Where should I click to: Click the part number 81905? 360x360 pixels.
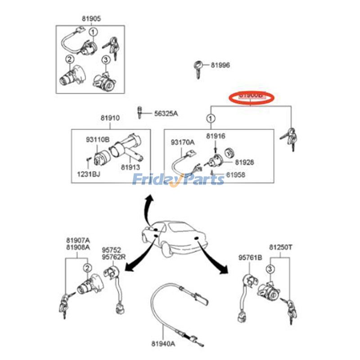tap(91, 19)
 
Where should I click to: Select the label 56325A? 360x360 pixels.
tap(166, 113)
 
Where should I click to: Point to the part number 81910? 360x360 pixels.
tap(110, 118)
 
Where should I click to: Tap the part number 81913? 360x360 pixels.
tap(130, 167)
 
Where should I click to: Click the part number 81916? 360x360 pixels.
tap(216, 136)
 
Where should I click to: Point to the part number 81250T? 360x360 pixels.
tap(281, 247)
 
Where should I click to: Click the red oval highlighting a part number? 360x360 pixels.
tap(251, 97)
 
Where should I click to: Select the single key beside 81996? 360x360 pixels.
tap(198, 68)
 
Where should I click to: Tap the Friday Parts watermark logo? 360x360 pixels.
tap(178, 180)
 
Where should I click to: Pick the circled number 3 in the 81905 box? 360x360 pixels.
tap(105, 59)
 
